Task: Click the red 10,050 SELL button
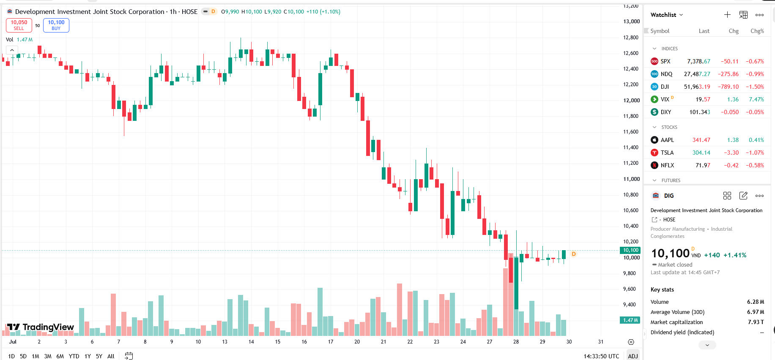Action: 19,25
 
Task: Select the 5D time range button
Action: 23,356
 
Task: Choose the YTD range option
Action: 74,356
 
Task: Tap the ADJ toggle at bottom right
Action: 633,356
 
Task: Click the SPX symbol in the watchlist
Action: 665,61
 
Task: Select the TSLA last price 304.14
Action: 701,153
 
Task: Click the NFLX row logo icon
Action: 655,165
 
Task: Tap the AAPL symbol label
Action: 667,140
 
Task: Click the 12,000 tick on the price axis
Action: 631,100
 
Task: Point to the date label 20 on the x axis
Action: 357,342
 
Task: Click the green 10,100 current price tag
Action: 630,250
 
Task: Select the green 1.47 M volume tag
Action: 630,320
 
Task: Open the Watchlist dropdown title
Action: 667,15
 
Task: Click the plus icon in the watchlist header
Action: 727,15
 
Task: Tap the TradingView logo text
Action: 48,327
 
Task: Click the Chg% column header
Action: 757,31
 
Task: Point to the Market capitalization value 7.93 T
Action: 756,322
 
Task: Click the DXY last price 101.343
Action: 700,112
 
